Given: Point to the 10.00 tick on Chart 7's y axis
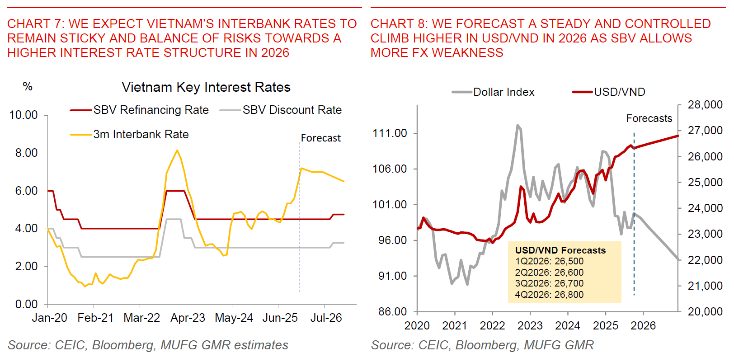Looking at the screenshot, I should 24,115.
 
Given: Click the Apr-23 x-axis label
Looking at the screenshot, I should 188,318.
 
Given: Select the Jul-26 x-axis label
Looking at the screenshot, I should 326,318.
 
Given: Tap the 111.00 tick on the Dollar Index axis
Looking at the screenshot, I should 390,133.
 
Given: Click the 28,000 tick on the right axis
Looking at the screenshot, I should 705,105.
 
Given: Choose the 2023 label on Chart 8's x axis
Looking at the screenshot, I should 530,325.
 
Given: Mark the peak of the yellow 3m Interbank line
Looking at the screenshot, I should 177,150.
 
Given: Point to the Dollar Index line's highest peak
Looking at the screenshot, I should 518,125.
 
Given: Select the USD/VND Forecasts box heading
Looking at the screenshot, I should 560,250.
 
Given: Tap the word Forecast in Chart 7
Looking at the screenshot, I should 321,138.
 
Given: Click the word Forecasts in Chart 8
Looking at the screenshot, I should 649,118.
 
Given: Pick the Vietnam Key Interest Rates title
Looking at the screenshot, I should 206,87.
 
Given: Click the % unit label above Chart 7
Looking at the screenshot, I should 28,86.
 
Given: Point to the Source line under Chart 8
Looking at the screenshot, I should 482,345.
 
